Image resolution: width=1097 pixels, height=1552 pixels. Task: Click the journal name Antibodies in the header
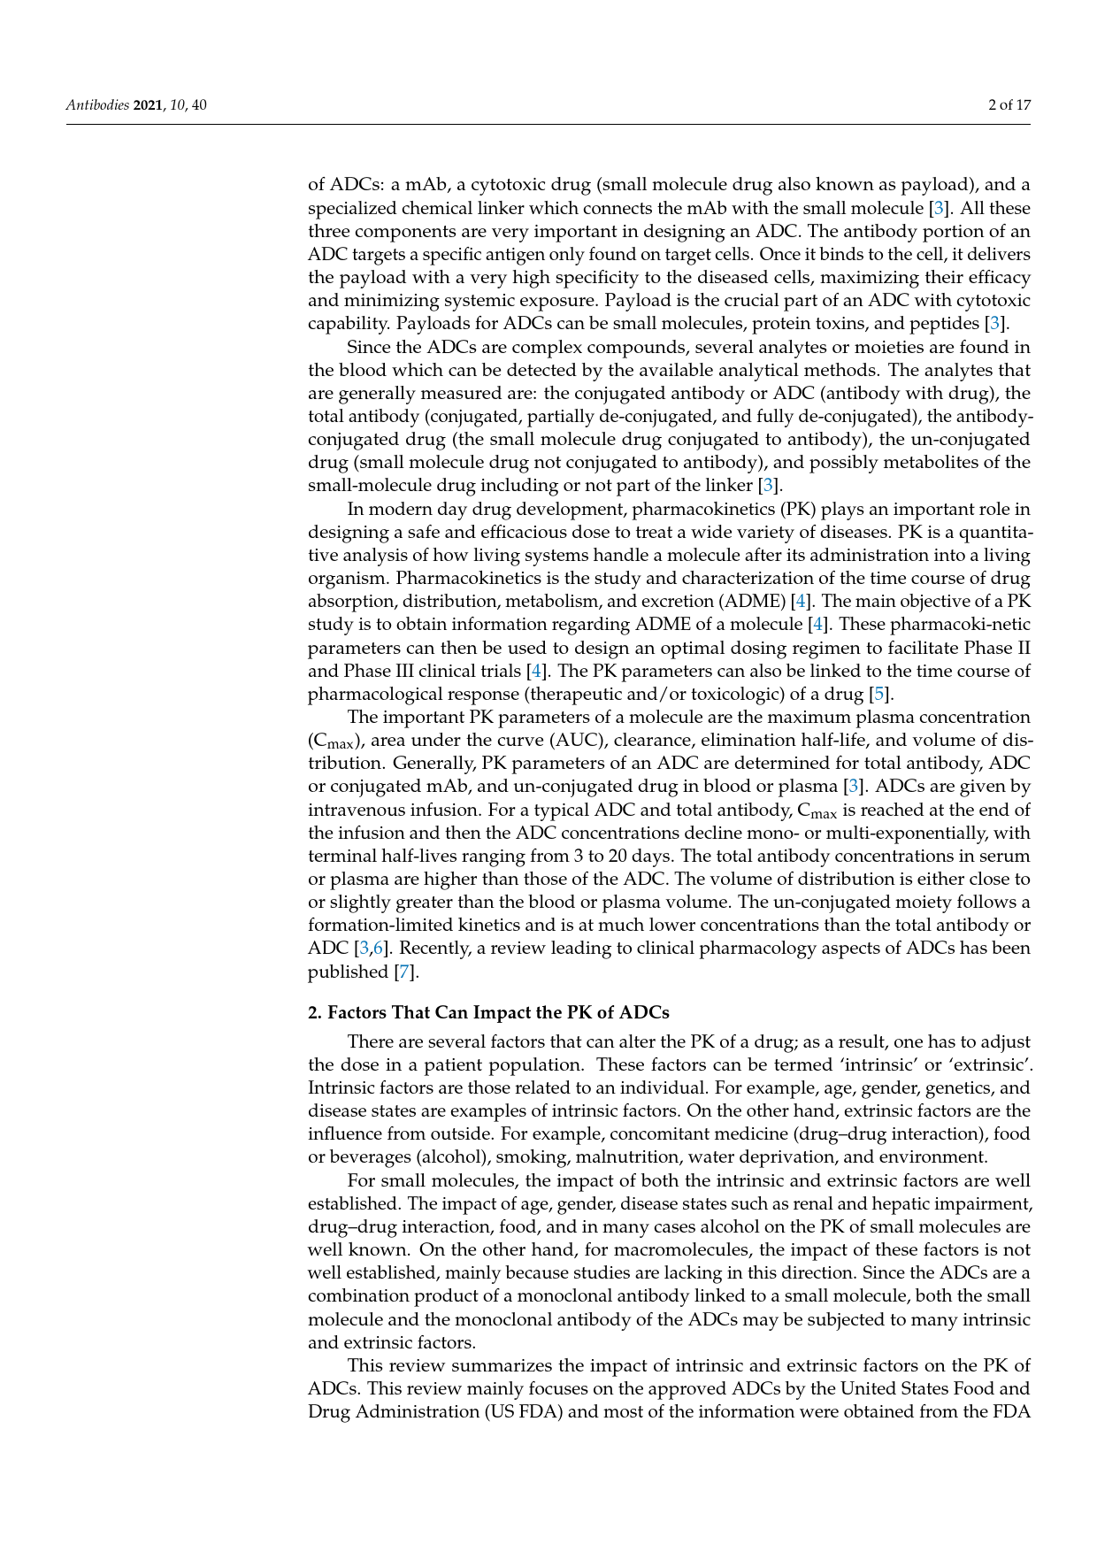[97, 105]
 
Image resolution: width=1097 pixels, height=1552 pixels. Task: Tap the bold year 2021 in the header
[149, 105]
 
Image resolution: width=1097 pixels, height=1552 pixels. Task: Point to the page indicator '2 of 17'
[1009, 105]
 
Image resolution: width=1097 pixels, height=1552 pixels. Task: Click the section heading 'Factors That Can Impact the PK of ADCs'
[498, 1012]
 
